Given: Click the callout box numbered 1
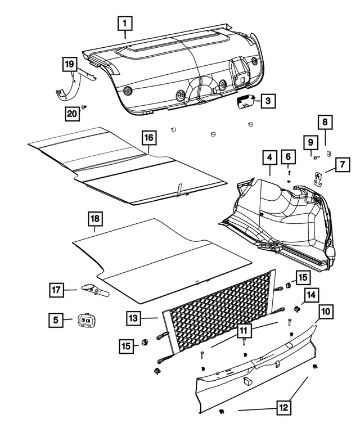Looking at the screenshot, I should tap(125, 24).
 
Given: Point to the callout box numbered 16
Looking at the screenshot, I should tap(147, 137).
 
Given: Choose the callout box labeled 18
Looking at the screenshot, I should tap(94, 219).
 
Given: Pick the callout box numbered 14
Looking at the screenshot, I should tap(311, 294).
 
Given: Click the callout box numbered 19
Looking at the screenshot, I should tap(69, 65).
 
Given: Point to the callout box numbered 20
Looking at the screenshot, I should tap(71, 113).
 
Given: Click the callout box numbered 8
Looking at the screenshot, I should tap(325, 121).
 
